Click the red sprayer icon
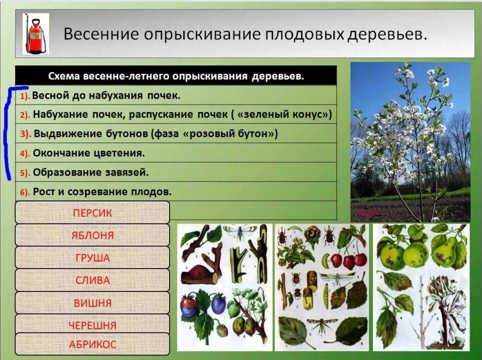(36, 34)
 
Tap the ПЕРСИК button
(92, 212)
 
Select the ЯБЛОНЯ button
(92, 235)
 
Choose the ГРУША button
(92, 257)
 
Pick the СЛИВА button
(92, 280)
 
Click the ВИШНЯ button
(92, 303)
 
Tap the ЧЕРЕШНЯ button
(92, 325)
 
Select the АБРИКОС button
(92, 344)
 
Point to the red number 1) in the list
(25, 96)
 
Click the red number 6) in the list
(25, 192)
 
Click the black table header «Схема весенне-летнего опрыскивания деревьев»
(176, 75)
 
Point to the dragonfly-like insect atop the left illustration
(240, 231)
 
